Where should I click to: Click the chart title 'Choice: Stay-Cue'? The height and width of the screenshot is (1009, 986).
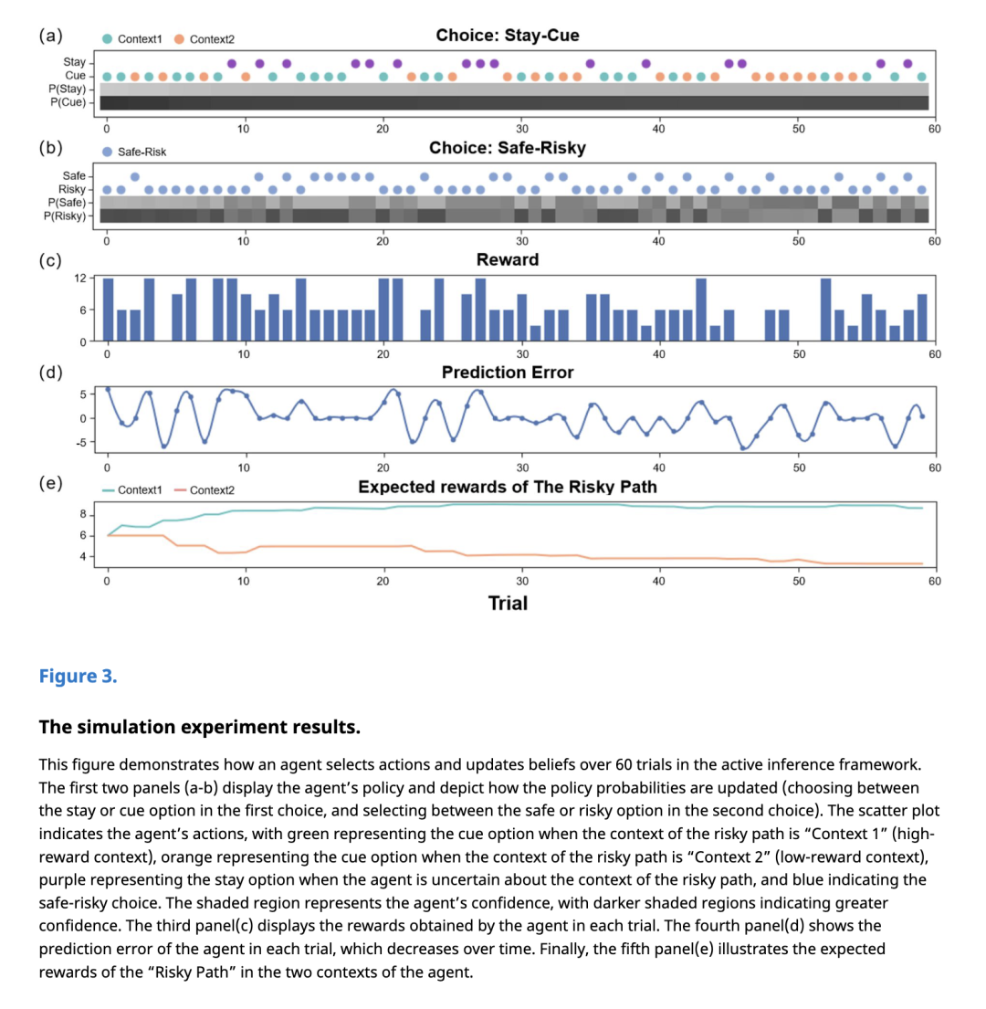coord(507,36)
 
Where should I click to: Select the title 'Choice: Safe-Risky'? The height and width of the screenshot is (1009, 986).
coord(507,148)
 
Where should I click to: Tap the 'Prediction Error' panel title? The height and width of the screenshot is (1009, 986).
coord(508,373)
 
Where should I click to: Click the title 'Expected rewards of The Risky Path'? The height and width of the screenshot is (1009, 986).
coord(508,487)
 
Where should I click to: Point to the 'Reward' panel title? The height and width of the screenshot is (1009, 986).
coord(508,259)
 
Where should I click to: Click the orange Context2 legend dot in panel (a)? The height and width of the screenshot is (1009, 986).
coord(179,38)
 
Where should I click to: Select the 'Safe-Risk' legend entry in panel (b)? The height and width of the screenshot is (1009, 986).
coord(108,152)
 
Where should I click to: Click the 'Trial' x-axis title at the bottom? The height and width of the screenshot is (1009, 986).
coord(508,603)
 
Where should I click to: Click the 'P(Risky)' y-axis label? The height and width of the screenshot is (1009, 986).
coord(65,215)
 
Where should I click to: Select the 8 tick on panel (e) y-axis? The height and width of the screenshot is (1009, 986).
coord(84,514)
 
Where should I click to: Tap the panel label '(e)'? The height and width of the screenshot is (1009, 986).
coord(50,483)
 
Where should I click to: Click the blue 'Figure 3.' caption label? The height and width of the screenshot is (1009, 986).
coord(78,677)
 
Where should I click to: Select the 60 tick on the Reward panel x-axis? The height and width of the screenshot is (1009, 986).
coord(934,353)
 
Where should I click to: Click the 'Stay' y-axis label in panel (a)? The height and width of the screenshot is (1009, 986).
coord(75,61)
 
